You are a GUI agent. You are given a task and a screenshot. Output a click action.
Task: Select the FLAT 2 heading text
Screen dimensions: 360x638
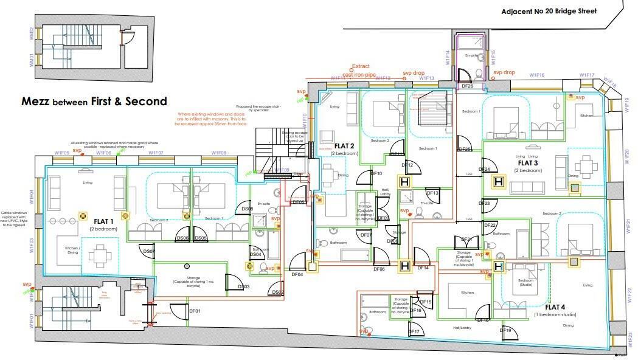(344, 147)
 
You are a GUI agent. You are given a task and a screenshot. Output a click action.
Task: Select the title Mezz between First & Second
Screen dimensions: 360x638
(94, 102)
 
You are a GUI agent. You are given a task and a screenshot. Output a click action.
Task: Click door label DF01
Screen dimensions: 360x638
(195, 311)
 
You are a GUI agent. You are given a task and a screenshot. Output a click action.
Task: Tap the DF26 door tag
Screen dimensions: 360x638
(467, 87)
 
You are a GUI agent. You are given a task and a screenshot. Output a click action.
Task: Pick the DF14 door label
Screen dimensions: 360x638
(423, 268)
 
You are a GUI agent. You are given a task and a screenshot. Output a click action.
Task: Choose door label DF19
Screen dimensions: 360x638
(505, 331)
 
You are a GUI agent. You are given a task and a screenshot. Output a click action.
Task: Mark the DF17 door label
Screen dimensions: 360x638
(414, 332)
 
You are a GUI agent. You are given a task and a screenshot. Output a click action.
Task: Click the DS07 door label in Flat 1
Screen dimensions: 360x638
(148, 251)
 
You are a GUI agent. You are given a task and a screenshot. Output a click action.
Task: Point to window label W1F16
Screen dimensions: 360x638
(536, 75)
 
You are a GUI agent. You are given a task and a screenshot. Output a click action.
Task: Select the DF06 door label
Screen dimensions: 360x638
(378, 269)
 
